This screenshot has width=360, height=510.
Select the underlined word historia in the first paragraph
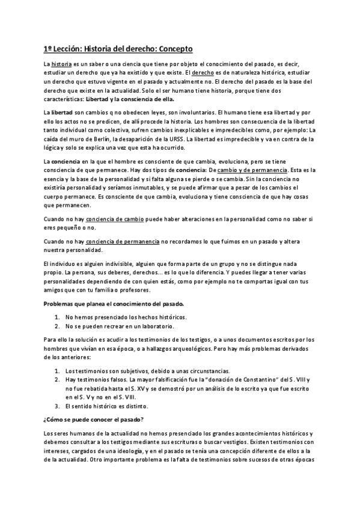[62, 63]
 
